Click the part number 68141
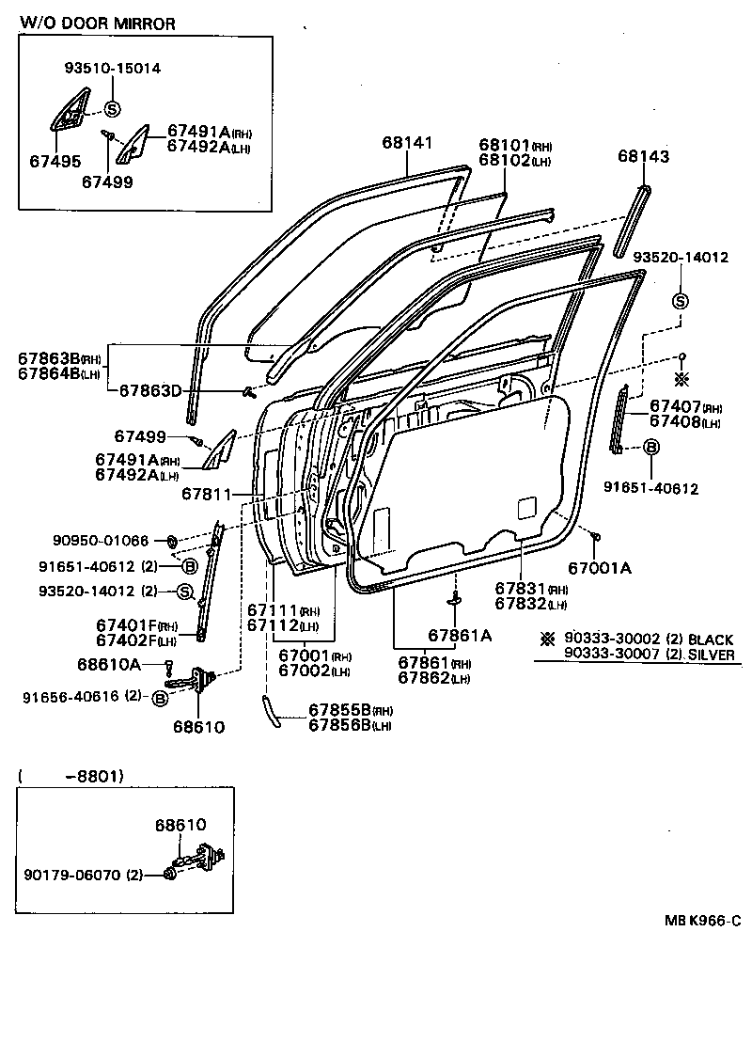coord(407,143)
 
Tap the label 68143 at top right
coord(644,157)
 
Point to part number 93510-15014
coord(112,68)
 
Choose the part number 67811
coord(207,494)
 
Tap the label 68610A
coord(108,664)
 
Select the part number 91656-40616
coord(72,697)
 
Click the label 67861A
coord(460,634)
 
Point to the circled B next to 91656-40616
coord(160,698)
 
